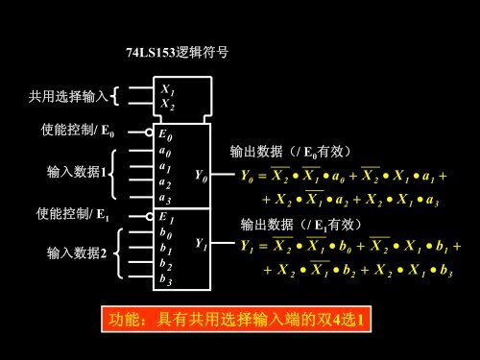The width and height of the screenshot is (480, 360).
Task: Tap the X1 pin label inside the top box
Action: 167,90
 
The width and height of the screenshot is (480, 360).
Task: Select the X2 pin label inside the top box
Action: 167,104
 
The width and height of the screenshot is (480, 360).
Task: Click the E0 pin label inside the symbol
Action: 166,135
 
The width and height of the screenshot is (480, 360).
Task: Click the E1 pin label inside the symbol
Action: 166,217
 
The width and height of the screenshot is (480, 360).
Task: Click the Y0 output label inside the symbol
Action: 200,176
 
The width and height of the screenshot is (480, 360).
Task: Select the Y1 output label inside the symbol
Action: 200,244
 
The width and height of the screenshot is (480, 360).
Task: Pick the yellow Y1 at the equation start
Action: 247,248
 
